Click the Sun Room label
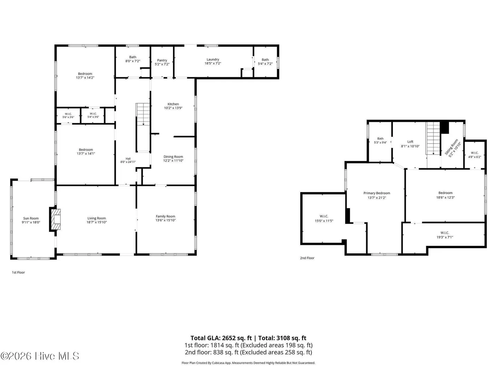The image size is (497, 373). click(x=31, y=218)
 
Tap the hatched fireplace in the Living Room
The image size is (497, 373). click(x=56, y=219)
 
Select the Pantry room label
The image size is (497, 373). click(x=162, y=60)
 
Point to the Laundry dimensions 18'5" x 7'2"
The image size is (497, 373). click(x=213, y=64)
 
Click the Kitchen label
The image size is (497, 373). click(x=173, y=104)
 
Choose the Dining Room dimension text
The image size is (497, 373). click(x=173, y=161)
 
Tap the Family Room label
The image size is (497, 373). click(x=166, y=216)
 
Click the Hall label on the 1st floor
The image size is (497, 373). click(x=128, y=159)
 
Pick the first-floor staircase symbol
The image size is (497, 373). click(x=143, y=114)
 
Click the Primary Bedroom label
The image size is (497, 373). click(x=377, y=193)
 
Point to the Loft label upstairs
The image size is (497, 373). click(x=410, y=142)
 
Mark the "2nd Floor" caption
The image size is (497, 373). click(x=307, y=258)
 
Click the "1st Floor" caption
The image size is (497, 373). click(x=18, y=272)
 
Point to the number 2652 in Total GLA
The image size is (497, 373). click(x=229, y=338)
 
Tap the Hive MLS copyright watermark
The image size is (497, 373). click(x=40, y=356)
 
